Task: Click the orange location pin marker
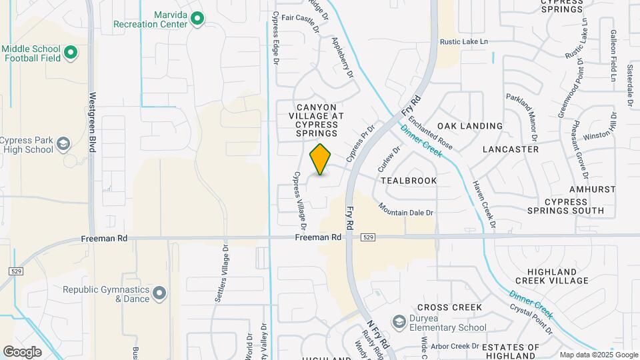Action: click(x=321, y=159)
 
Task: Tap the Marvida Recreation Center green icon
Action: click(x=197, y=19)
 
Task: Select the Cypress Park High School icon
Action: click(x=63, y=144)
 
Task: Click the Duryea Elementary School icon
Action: click(x=399, y=323)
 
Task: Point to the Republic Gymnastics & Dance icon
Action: click(x=159, y=293)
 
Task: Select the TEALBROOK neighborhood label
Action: click(x=409, y=181)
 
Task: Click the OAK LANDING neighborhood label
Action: click(x=469, y=126)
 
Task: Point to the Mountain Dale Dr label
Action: click(x=407, y=209)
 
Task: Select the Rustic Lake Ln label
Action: click(x=464, y=41)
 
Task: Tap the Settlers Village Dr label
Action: click(x=221, y=275)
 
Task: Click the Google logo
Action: click(x=22, y=351)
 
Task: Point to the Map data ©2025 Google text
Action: click(x=598, y=355)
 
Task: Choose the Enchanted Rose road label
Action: click(x=431, y=133)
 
